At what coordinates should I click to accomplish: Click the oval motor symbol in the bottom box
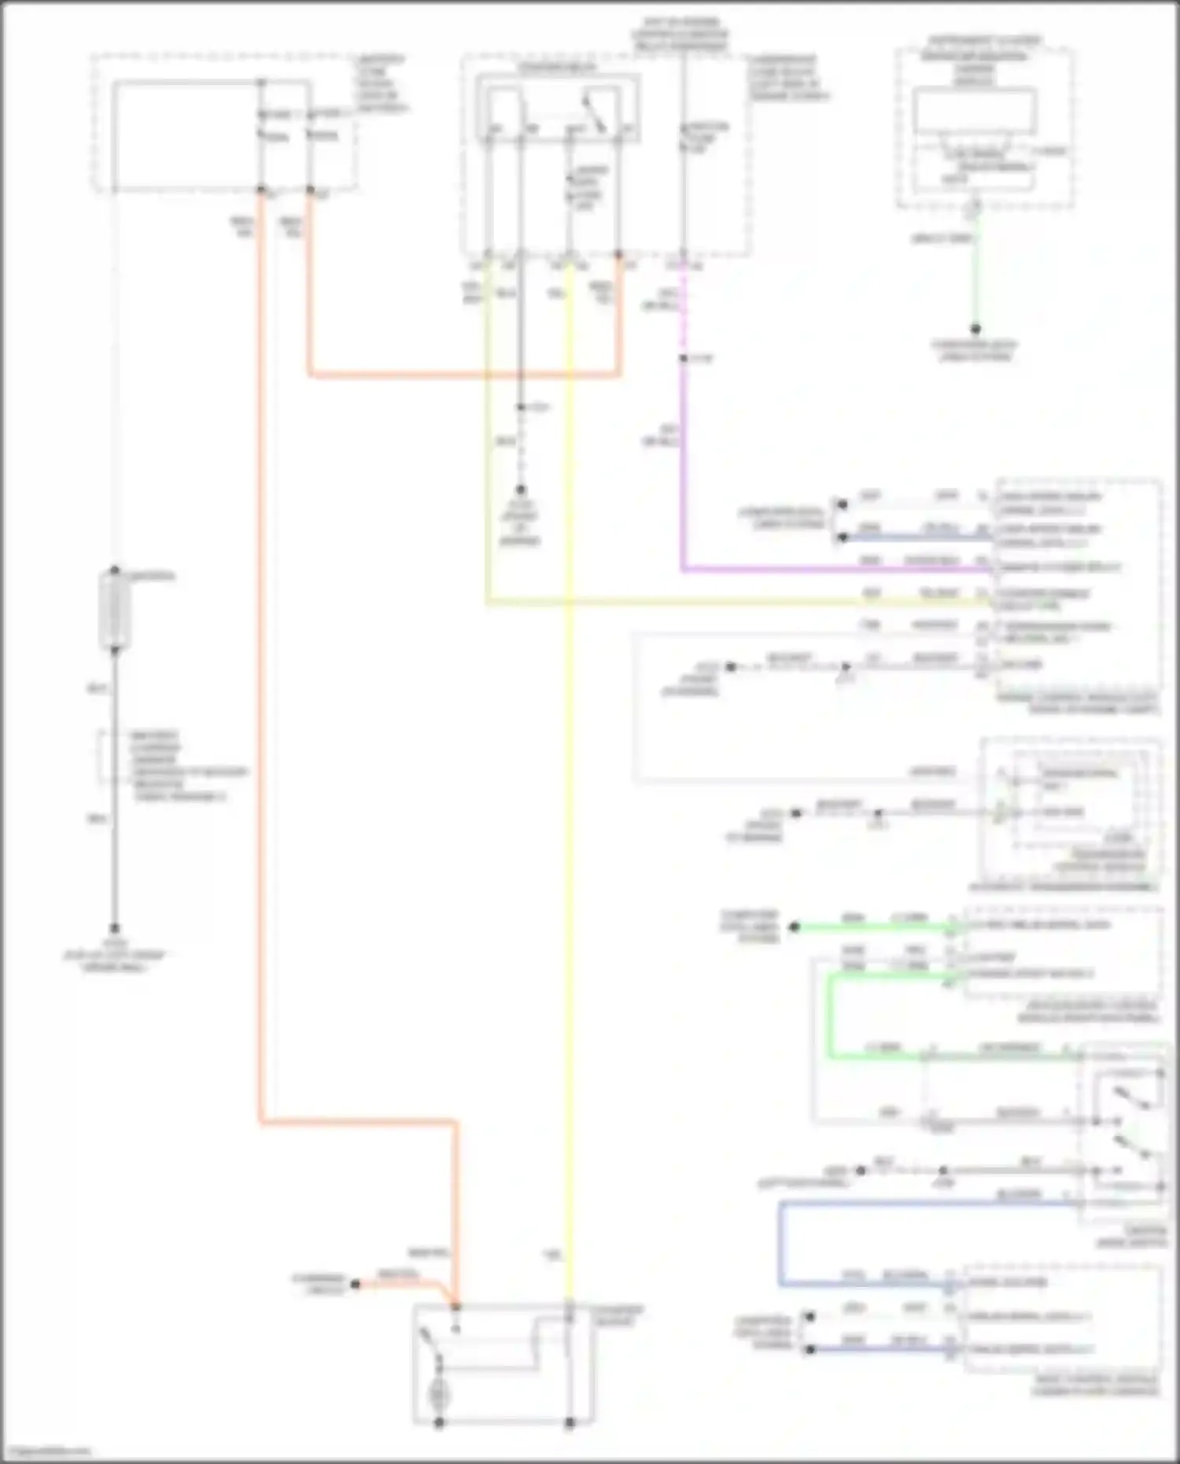437,1397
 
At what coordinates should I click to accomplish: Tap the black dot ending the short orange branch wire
355,1285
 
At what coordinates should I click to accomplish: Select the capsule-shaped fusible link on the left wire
115,610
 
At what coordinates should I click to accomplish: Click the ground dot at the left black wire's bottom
115,928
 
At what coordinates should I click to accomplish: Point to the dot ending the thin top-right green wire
975,329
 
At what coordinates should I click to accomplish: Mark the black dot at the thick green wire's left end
795,927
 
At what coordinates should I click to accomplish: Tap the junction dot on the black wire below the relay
520,407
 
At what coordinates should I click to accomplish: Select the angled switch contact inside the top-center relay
596,114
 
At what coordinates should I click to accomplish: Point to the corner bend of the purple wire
683,568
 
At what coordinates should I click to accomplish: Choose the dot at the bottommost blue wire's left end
810,1350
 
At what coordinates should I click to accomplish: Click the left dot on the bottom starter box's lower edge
439,1422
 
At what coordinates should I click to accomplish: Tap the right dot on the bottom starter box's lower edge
570,1422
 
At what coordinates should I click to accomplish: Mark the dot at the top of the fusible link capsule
115,570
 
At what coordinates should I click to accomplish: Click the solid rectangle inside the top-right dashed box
974,111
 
